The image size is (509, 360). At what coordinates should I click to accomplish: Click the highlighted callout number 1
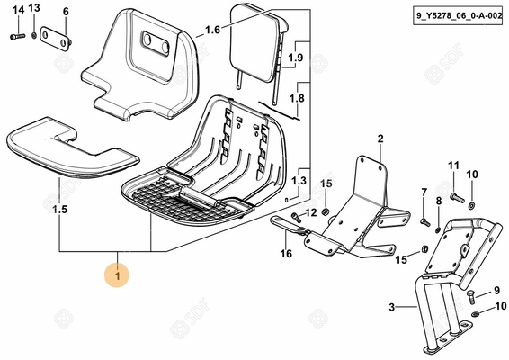(117, 275)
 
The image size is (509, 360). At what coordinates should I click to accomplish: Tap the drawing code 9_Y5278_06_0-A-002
(459, 15)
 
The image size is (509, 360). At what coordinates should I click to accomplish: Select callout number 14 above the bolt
(18, 10)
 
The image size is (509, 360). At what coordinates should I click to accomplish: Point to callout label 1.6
(212, 31)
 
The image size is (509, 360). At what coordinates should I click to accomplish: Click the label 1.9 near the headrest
(296, 58)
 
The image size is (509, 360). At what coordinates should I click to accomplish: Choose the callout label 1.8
(297, 98)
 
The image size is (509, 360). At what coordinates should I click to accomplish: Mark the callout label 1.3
(299, 181)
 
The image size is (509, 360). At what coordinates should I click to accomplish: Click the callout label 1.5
(60, 210)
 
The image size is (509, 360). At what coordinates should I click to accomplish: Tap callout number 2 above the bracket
(380, 139)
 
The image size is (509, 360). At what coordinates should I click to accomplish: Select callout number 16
(286, 253)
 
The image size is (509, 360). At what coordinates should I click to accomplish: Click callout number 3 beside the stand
(392, 307)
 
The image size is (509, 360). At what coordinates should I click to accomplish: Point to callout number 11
(453, 166)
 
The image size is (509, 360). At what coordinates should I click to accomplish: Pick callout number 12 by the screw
(310, 212)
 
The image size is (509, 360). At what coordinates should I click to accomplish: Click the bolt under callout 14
(17, 37)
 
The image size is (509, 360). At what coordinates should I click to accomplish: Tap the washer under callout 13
(34, 35)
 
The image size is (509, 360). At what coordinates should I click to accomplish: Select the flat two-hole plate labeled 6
(56, 39)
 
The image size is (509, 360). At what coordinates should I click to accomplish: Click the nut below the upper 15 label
(325, 212)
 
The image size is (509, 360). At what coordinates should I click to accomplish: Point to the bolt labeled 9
(471, 297)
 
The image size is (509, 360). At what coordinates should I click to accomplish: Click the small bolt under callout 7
(425, 222)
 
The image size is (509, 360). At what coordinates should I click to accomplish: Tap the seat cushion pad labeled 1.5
(70, 148)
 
